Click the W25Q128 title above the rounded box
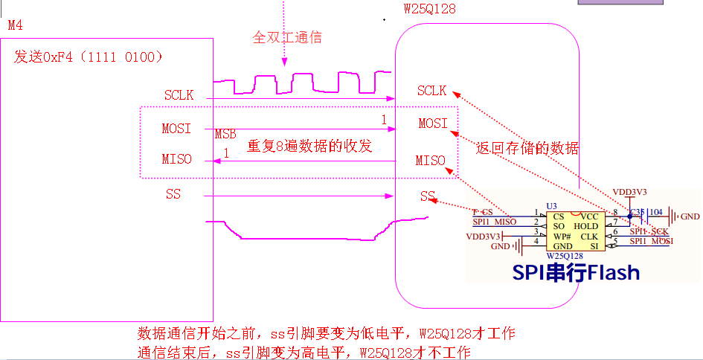coord(429,10)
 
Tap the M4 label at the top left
coord(16,25)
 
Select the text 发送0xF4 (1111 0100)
coord(89,57)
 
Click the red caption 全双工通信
coord(288,36)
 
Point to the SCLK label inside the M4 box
coord(179,95)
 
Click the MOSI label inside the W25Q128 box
coord(433,123)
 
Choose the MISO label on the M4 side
coord(177,159)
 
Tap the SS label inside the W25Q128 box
coord(427,196)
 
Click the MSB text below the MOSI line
coord(225,134)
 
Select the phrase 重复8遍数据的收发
coord(309,147)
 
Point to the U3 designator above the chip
coord(551,205)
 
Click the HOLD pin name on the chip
coord(586,226)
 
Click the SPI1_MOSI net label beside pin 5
coord(651,241)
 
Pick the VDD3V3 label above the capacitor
coord(629,191)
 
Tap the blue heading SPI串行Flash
coord(576,272)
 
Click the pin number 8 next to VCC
coord(615,213)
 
